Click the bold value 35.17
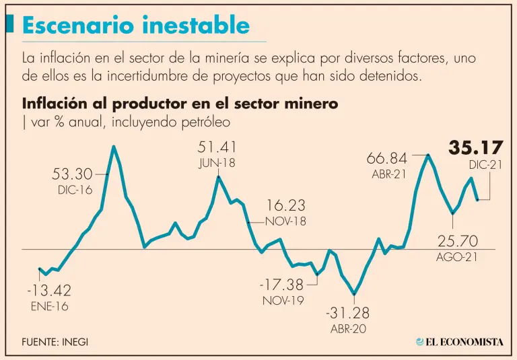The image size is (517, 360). coord(476,148)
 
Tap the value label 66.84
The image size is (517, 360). coord(387,159)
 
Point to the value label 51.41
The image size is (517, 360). coord(217,147)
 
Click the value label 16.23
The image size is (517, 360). coord(286,205)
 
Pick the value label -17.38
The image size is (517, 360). coord(281,285)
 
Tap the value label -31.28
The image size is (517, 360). coord(347,313)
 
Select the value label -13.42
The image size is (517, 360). coord(49,291)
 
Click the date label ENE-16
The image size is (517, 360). coord(49,307)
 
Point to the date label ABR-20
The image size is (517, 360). coord(347,330)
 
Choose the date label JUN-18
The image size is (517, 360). coord(217,163)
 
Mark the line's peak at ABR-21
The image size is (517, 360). coord(427,155)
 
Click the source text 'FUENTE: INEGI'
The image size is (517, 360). coord(55,342)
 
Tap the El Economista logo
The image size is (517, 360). coord(460,342)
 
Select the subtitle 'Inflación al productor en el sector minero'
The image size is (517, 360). coord(180,104)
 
